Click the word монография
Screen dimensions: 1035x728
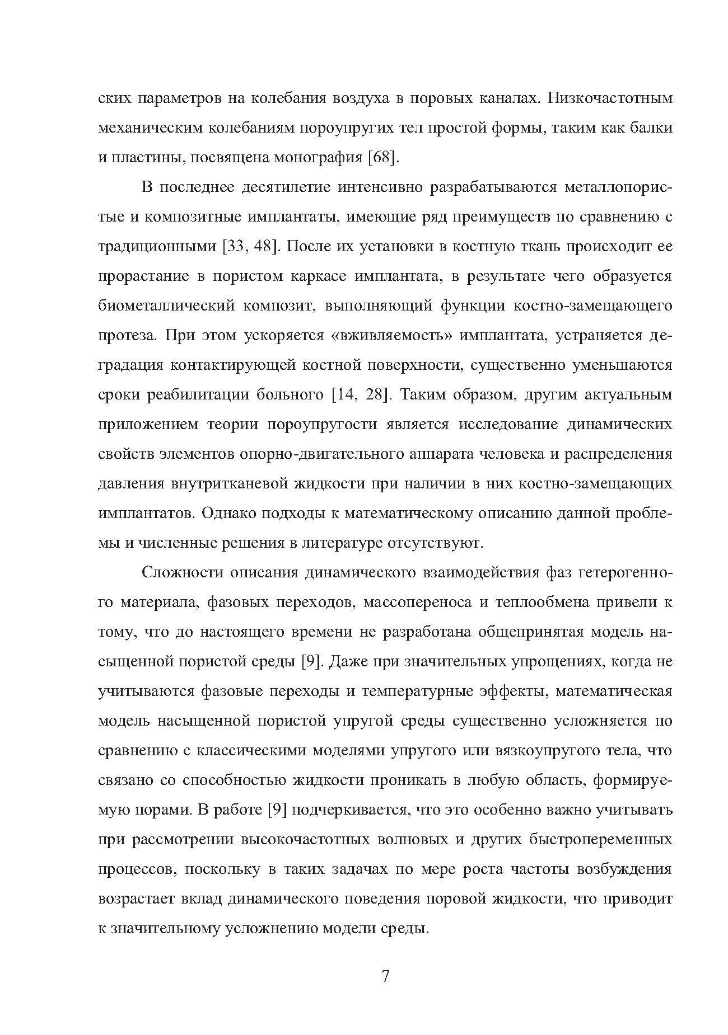(318, 158)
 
